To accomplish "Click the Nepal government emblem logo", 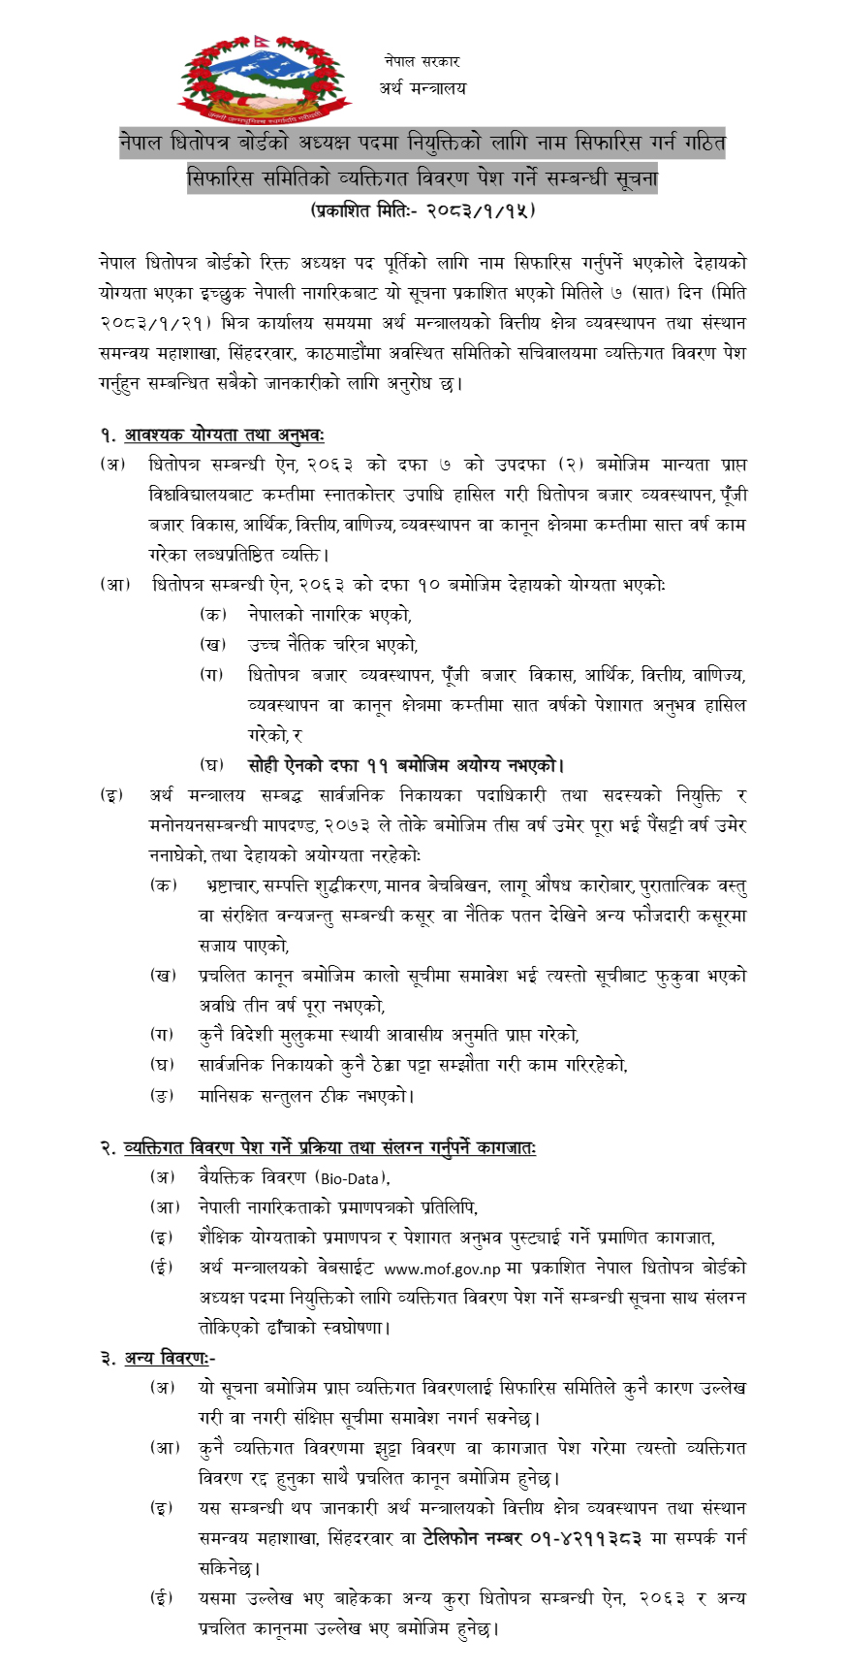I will [263, 78].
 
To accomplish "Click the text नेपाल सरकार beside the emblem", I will [422, 61].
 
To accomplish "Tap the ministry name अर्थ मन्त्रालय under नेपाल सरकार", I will [422, 88].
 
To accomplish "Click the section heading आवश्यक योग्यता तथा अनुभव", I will [224, 435].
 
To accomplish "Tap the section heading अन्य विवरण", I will [167, 1358].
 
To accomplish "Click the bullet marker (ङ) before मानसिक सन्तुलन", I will [162, 1096].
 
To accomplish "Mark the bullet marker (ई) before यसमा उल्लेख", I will [162, 1598].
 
